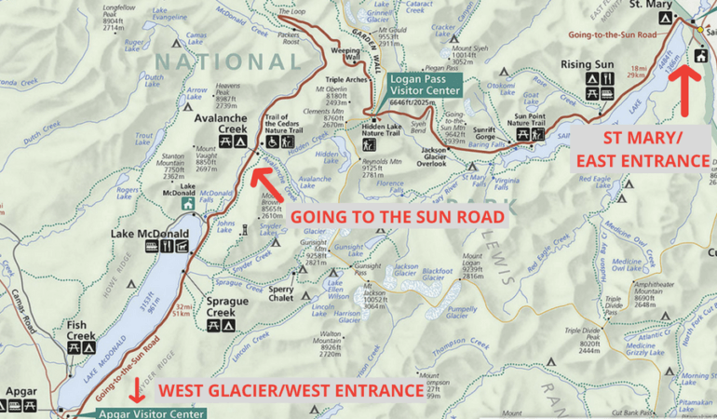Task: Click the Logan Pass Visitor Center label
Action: point(425,85)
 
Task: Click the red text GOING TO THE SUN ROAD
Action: point(398,216)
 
